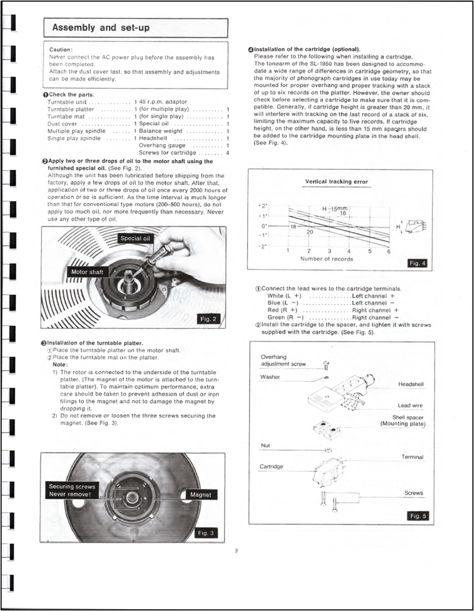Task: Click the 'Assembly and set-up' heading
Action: coord(101,27)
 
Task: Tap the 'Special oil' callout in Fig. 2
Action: coord(135,238)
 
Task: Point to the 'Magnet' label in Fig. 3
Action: coord(200,494)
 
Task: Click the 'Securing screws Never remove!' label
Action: coord(72,490)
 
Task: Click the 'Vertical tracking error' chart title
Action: coord(336,181)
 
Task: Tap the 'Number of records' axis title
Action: coord(325,258)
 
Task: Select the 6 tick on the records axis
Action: coord(389,251)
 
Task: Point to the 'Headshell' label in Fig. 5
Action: coord(411,384)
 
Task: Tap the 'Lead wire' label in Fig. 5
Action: coord(410,405)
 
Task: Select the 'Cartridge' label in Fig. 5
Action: coord(272,467)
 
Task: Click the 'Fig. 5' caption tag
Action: coord(417,516)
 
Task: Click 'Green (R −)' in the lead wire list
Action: coord(286,317)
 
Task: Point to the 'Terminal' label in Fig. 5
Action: coord(412,457)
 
